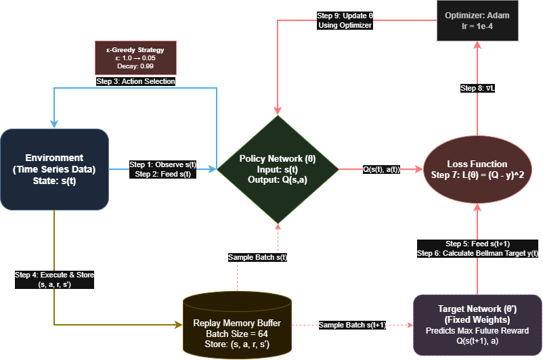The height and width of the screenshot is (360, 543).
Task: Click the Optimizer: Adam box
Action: click(477, 20)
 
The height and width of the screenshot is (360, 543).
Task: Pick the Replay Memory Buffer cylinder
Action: click(237, 325)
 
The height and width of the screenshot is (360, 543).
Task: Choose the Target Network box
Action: click(477, 325)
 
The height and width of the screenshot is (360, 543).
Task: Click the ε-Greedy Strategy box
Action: click(136, 58)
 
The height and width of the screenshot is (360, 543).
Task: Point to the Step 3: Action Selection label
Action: click(136, 81)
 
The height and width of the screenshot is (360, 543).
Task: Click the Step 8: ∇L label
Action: click(477, 88)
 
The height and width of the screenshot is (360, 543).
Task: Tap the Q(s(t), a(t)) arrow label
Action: click(381, 169)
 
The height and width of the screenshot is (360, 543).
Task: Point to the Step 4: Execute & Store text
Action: click(55, 275)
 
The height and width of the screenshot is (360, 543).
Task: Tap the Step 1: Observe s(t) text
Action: click(163, 164)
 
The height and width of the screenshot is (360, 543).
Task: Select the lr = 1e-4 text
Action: click(477, 26)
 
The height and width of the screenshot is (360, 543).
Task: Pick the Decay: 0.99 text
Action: click(136, 67)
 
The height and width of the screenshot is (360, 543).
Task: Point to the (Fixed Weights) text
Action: click(477, 319)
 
